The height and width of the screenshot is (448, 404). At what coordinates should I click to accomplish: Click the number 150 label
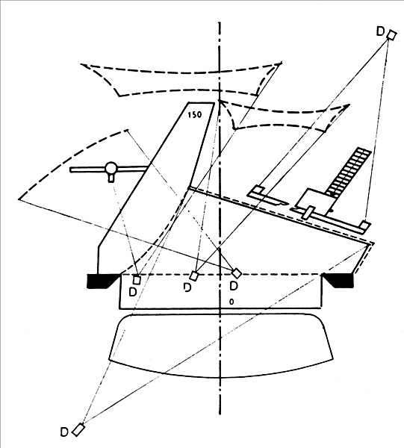tap(195, 115)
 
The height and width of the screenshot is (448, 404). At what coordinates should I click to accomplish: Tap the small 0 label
tap(231, 302)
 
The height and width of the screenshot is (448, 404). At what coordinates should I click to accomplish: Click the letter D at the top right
tap(380, 31)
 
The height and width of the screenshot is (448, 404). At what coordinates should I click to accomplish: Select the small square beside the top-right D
tap(391, 35)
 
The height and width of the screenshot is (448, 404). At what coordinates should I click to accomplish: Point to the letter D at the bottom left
tap(64, 432)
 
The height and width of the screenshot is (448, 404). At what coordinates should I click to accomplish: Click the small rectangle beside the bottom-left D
tap(78, 430)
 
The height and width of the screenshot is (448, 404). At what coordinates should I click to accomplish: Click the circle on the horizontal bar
tap(111, 168)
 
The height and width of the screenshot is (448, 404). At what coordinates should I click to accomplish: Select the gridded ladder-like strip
tap(349, 172)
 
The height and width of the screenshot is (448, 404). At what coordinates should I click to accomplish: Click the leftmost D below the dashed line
tap(133, 292)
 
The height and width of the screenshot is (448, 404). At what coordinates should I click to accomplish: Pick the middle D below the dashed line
tap(187, 287)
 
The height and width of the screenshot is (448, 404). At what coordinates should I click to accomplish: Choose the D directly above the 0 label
tap(234, 286)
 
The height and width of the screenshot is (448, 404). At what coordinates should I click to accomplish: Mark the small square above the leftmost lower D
tap(137, 280)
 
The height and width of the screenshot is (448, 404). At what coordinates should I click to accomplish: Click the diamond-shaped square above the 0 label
tap(236, 273)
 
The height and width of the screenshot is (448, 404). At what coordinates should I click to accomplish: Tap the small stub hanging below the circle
tap(111, 178)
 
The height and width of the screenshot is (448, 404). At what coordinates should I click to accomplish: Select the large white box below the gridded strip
tap(315, 202)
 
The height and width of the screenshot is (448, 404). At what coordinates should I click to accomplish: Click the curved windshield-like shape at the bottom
tap(221, 346)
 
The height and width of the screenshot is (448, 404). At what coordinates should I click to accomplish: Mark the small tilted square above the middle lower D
tap(194, 276)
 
